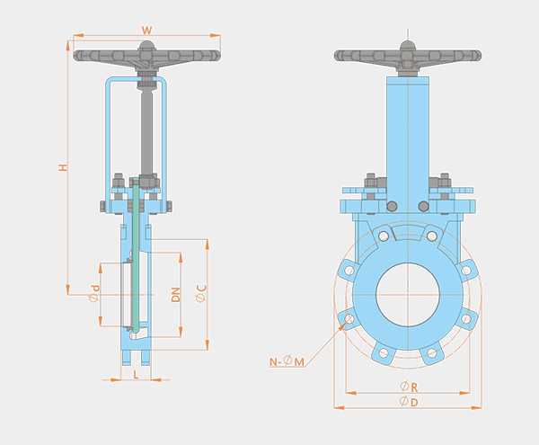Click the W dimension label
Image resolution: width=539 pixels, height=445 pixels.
click(x=146, y=31)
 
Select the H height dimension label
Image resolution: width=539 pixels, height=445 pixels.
click(x=63, y=167)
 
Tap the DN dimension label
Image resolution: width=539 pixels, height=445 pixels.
click(x=176, y=295)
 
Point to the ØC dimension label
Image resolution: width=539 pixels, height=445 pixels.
click(x=201, y=293)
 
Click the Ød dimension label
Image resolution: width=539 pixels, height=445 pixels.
click(x=94, y=293)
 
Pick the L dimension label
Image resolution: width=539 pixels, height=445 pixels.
click(x=136, y=375)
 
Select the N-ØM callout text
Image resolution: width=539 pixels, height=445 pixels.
click(x=287, y=361)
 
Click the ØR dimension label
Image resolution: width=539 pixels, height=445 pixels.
click(x=409, y=387)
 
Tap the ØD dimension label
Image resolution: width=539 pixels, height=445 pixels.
click(x=409, y=401)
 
